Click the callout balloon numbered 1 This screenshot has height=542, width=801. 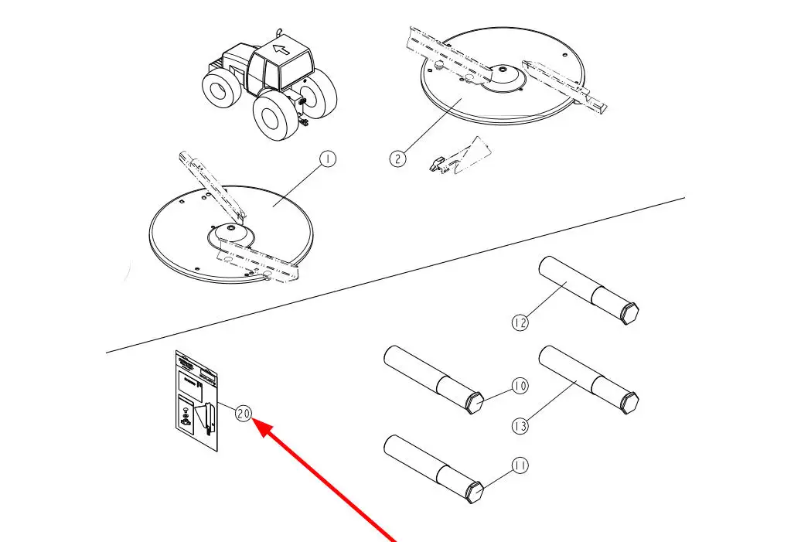click(328, 159)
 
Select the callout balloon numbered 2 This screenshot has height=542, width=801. click(397, 159)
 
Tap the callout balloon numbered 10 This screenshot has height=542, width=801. click(519, 385)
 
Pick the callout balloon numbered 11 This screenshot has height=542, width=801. click(519, 465)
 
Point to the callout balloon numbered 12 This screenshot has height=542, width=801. click(520, 322)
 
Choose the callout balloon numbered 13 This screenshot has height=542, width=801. click(520, 425)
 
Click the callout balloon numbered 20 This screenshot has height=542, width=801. click(244, 414)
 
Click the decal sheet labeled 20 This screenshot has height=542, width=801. click(196, 401)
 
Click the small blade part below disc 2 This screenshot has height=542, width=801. click(460, 155)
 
